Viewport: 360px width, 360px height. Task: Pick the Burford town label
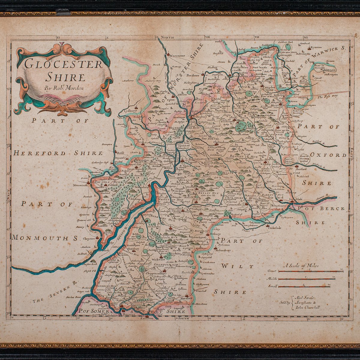pos(301,169)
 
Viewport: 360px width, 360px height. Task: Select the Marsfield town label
pos(186,299)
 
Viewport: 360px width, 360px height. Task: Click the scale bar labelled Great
pos(310,271)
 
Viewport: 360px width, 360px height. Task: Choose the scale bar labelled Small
pos(304,286)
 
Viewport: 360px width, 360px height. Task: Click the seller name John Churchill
pos(307,307)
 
